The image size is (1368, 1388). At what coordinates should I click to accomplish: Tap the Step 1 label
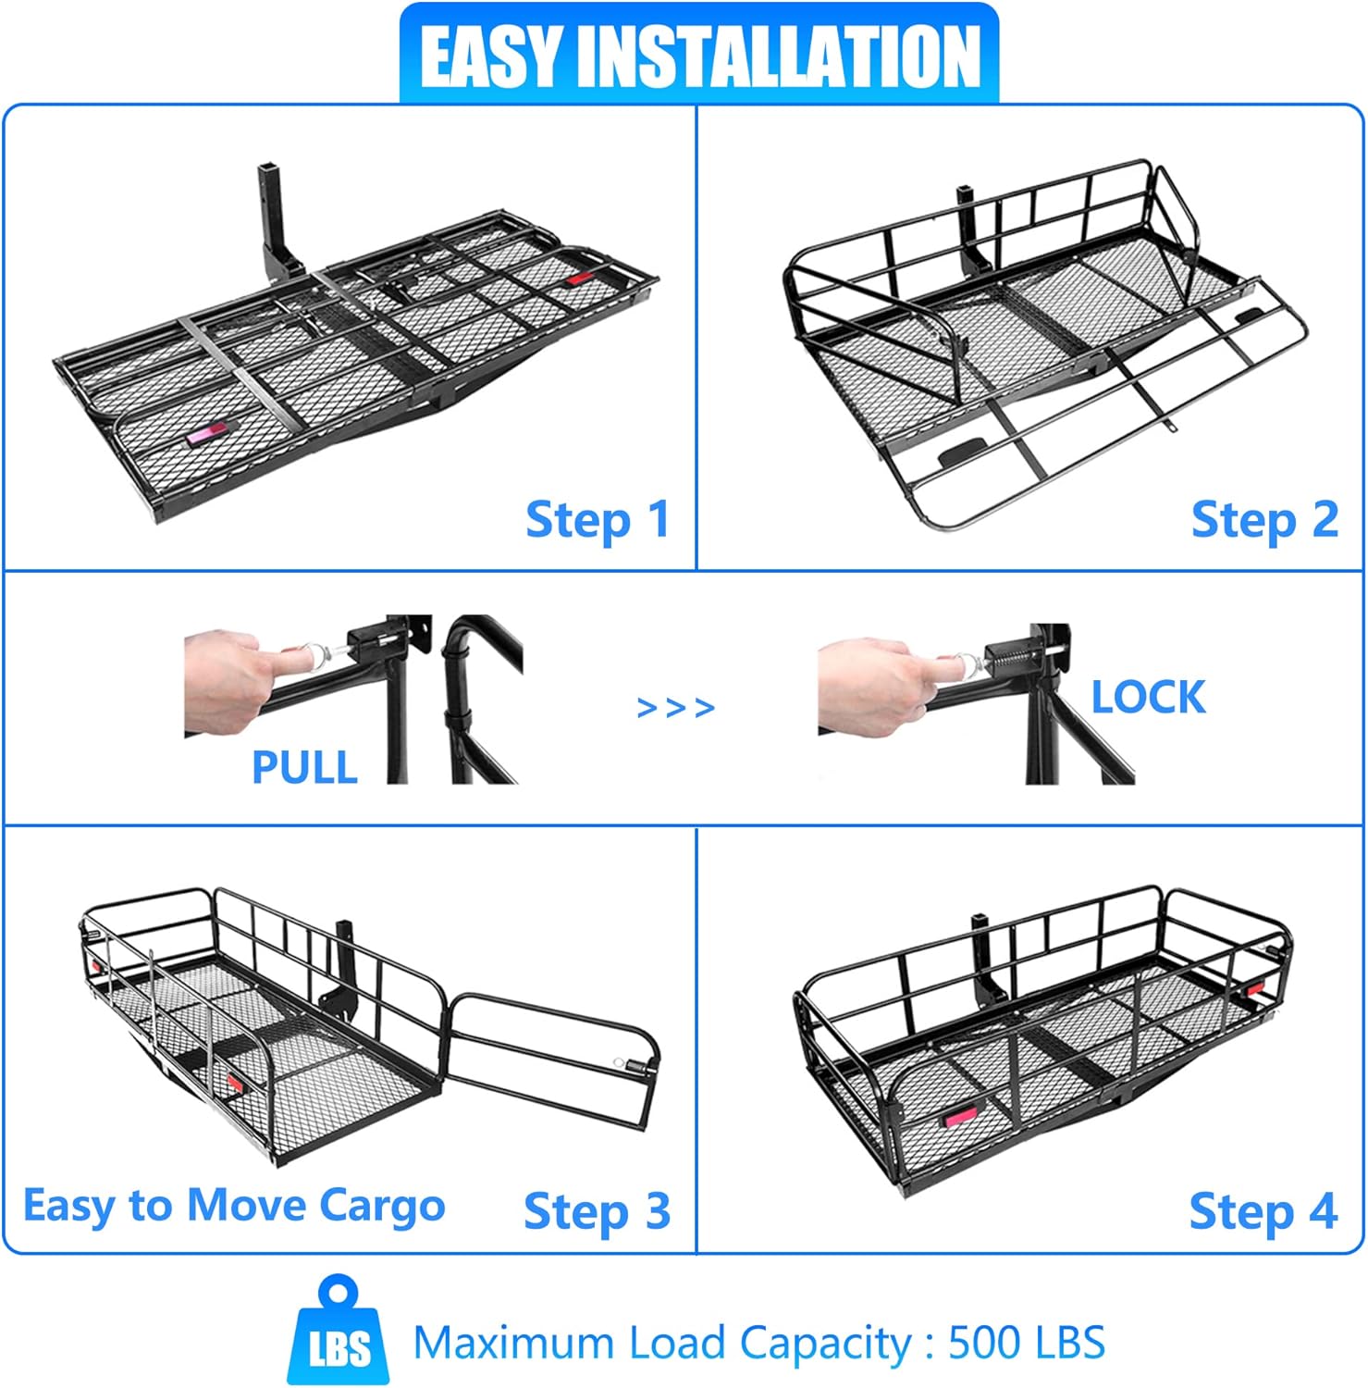[598, 520]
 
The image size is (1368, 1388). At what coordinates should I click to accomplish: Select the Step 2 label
[1264, 520]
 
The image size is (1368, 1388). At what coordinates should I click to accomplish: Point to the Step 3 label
[597, 1211]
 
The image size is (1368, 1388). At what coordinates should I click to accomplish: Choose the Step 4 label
[1263, 1211]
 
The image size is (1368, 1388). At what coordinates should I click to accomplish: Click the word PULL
[304, 767]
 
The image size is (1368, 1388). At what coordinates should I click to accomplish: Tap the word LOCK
[1149, 697]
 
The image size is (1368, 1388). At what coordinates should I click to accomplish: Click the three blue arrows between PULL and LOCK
[676, 708]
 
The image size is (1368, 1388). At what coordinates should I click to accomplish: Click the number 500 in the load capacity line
[987, 1343]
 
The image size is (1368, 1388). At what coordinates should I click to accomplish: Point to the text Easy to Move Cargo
[234, 1207]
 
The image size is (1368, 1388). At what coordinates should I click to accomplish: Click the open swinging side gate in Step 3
[552, 1060]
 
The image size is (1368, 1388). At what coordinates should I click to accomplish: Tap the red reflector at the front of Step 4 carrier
[959, 1119]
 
